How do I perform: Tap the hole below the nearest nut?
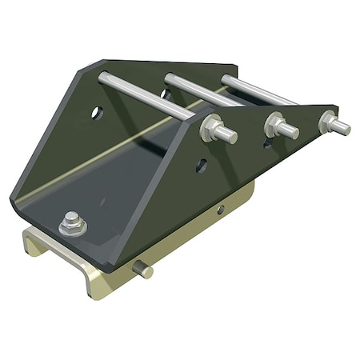(x=202, y=166)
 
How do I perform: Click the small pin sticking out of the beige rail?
(x=144, y=270)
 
